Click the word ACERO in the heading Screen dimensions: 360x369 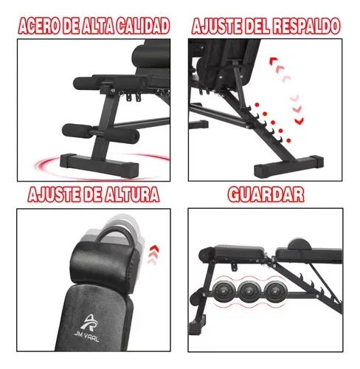[39, 26]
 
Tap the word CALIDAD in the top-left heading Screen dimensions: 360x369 [143, 26]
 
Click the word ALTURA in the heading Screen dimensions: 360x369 [131, 194]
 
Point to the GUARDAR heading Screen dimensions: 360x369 [266, 194]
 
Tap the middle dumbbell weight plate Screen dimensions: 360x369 [249, 292]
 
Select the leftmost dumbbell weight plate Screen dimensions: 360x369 [224, 292]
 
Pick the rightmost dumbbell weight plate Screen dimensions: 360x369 [275, 292]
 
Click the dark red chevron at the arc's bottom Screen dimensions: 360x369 [300, 120]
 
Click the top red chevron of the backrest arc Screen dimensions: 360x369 [274, 61]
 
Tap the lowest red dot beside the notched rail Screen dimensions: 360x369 [288, 140]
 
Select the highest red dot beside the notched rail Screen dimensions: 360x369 [257, 105]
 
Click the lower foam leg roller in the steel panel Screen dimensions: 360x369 [100, 132]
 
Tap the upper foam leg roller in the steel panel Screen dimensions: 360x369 [108, 82]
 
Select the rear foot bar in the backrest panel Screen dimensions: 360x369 [288, 166]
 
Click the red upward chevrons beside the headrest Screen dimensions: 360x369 [153, 255]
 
